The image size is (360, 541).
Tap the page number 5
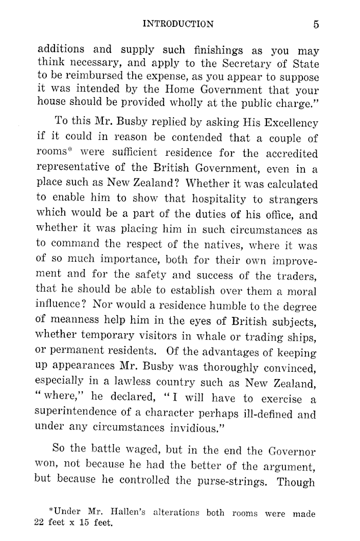click(x=315, y=24)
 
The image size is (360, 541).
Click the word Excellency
click(x=292, y=123)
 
